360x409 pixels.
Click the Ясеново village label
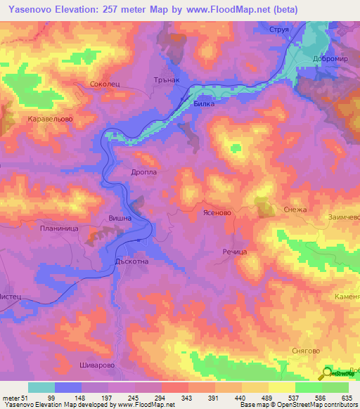point(217,212)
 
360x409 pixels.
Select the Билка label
point(203,103)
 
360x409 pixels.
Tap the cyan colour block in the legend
point(41,387)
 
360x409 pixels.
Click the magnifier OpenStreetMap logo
point(328,372)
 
